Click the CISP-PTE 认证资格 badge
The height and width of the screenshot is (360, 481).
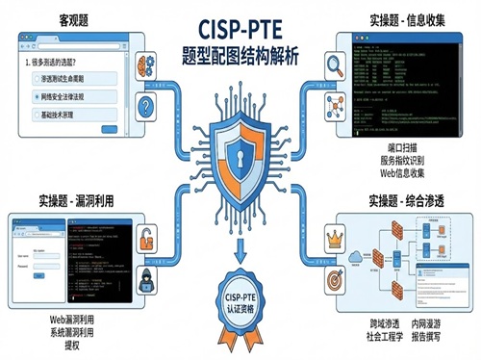tap(240, 305)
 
